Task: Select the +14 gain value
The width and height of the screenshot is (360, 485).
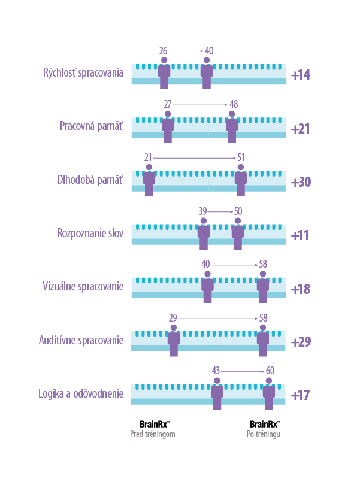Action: click(x=300, y=75)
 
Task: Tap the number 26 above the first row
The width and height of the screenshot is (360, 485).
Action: click(x=163, y=51)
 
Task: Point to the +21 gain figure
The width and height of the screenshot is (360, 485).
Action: click(x=300, y=129)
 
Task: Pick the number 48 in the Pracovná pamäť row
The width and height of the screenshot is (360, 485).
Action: click(x=234, y=104)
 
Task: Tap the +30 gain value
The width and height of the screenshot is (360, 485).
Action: click(x=300, y=182)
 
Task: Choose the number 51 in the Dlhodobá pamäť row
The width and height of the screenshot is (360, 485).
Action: click(x=241, y=157)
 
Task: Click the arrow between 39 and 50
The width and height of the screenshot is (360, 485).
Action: click(x=220, y=211)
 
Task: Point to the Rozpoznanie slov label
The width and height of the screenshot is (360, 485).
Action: click(x=90, y=233)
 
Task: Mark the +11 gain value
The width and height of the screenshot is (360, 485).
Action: click(x=300, y=235)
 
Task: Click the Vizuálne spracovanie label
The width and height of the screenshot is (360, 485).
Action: click(x=83, y=286)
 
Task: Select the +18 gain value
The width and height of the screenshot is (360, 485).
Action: click(x=300, y=289)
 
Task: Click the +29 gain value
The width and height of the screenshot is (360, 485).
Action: click(x=300, y=342)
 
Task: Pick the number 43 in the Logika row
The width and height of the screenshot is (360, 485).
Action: click(x=216, y=371)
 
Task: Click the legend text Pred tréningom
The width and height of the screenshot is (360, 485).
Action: click(x=153, y=434)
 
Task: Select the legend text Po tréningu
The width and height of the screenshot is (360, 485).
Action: click(x=263, y=434)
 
